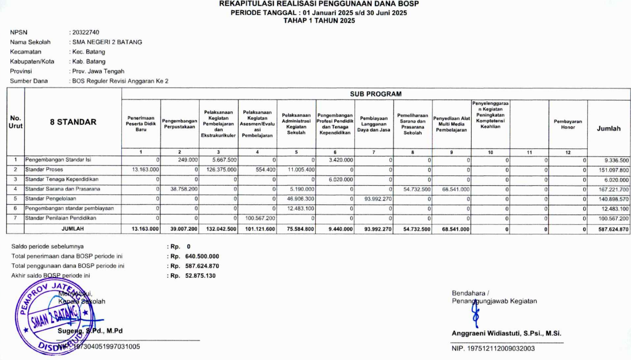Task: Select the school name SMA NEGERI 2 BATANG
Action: pos(106,42)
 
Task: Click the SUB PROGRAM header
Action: pos(375,94)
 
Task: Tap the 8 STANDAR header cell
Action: pos(72,122)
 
